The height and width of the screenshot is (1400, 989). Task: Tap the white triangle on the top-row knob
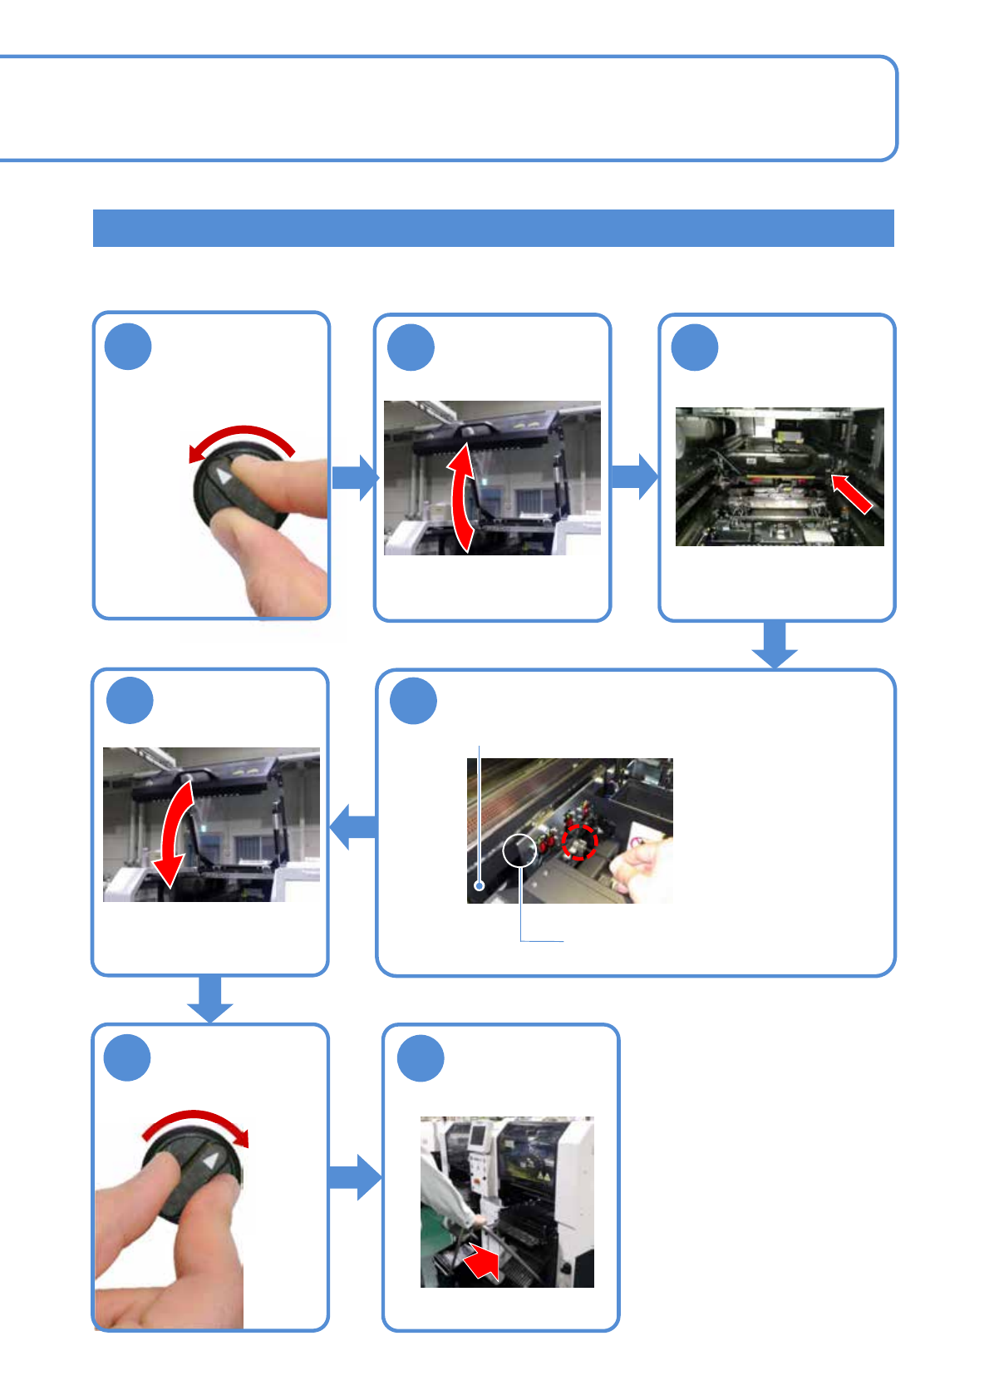(x=224, y=476)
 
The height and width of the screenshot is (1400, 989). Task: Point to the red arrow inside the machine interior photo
(x=852, y=493)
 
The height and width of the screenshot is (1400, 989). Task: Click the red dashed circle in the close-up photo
(x=579, y=843)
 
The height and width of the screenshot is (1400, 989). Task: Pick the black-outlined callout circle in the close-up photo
(x=519, y=850)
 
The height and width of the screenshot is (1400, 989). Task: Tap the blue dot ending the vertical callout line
(x=480, y=886)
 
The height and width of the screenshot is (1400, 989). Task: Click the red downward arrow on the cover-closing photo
(x=177, y=831)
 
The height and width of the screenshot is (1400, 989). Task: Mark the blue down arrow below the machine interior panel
(x=775, y=645)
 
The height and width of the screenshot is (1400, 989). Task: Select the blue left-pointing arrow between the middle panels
(x=353, y=827)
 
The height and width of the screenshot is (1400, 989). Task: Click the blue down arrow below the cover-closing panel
(x=210, y=999)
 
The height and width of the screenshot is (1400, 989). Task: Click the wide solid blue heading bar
(x=493, y=228)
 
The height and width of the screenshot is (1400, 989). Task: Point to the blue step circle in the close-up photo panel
(x=414, y=701)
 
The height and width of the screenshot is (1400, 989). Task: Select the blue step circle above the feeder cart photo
(x=421, y=1058)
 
